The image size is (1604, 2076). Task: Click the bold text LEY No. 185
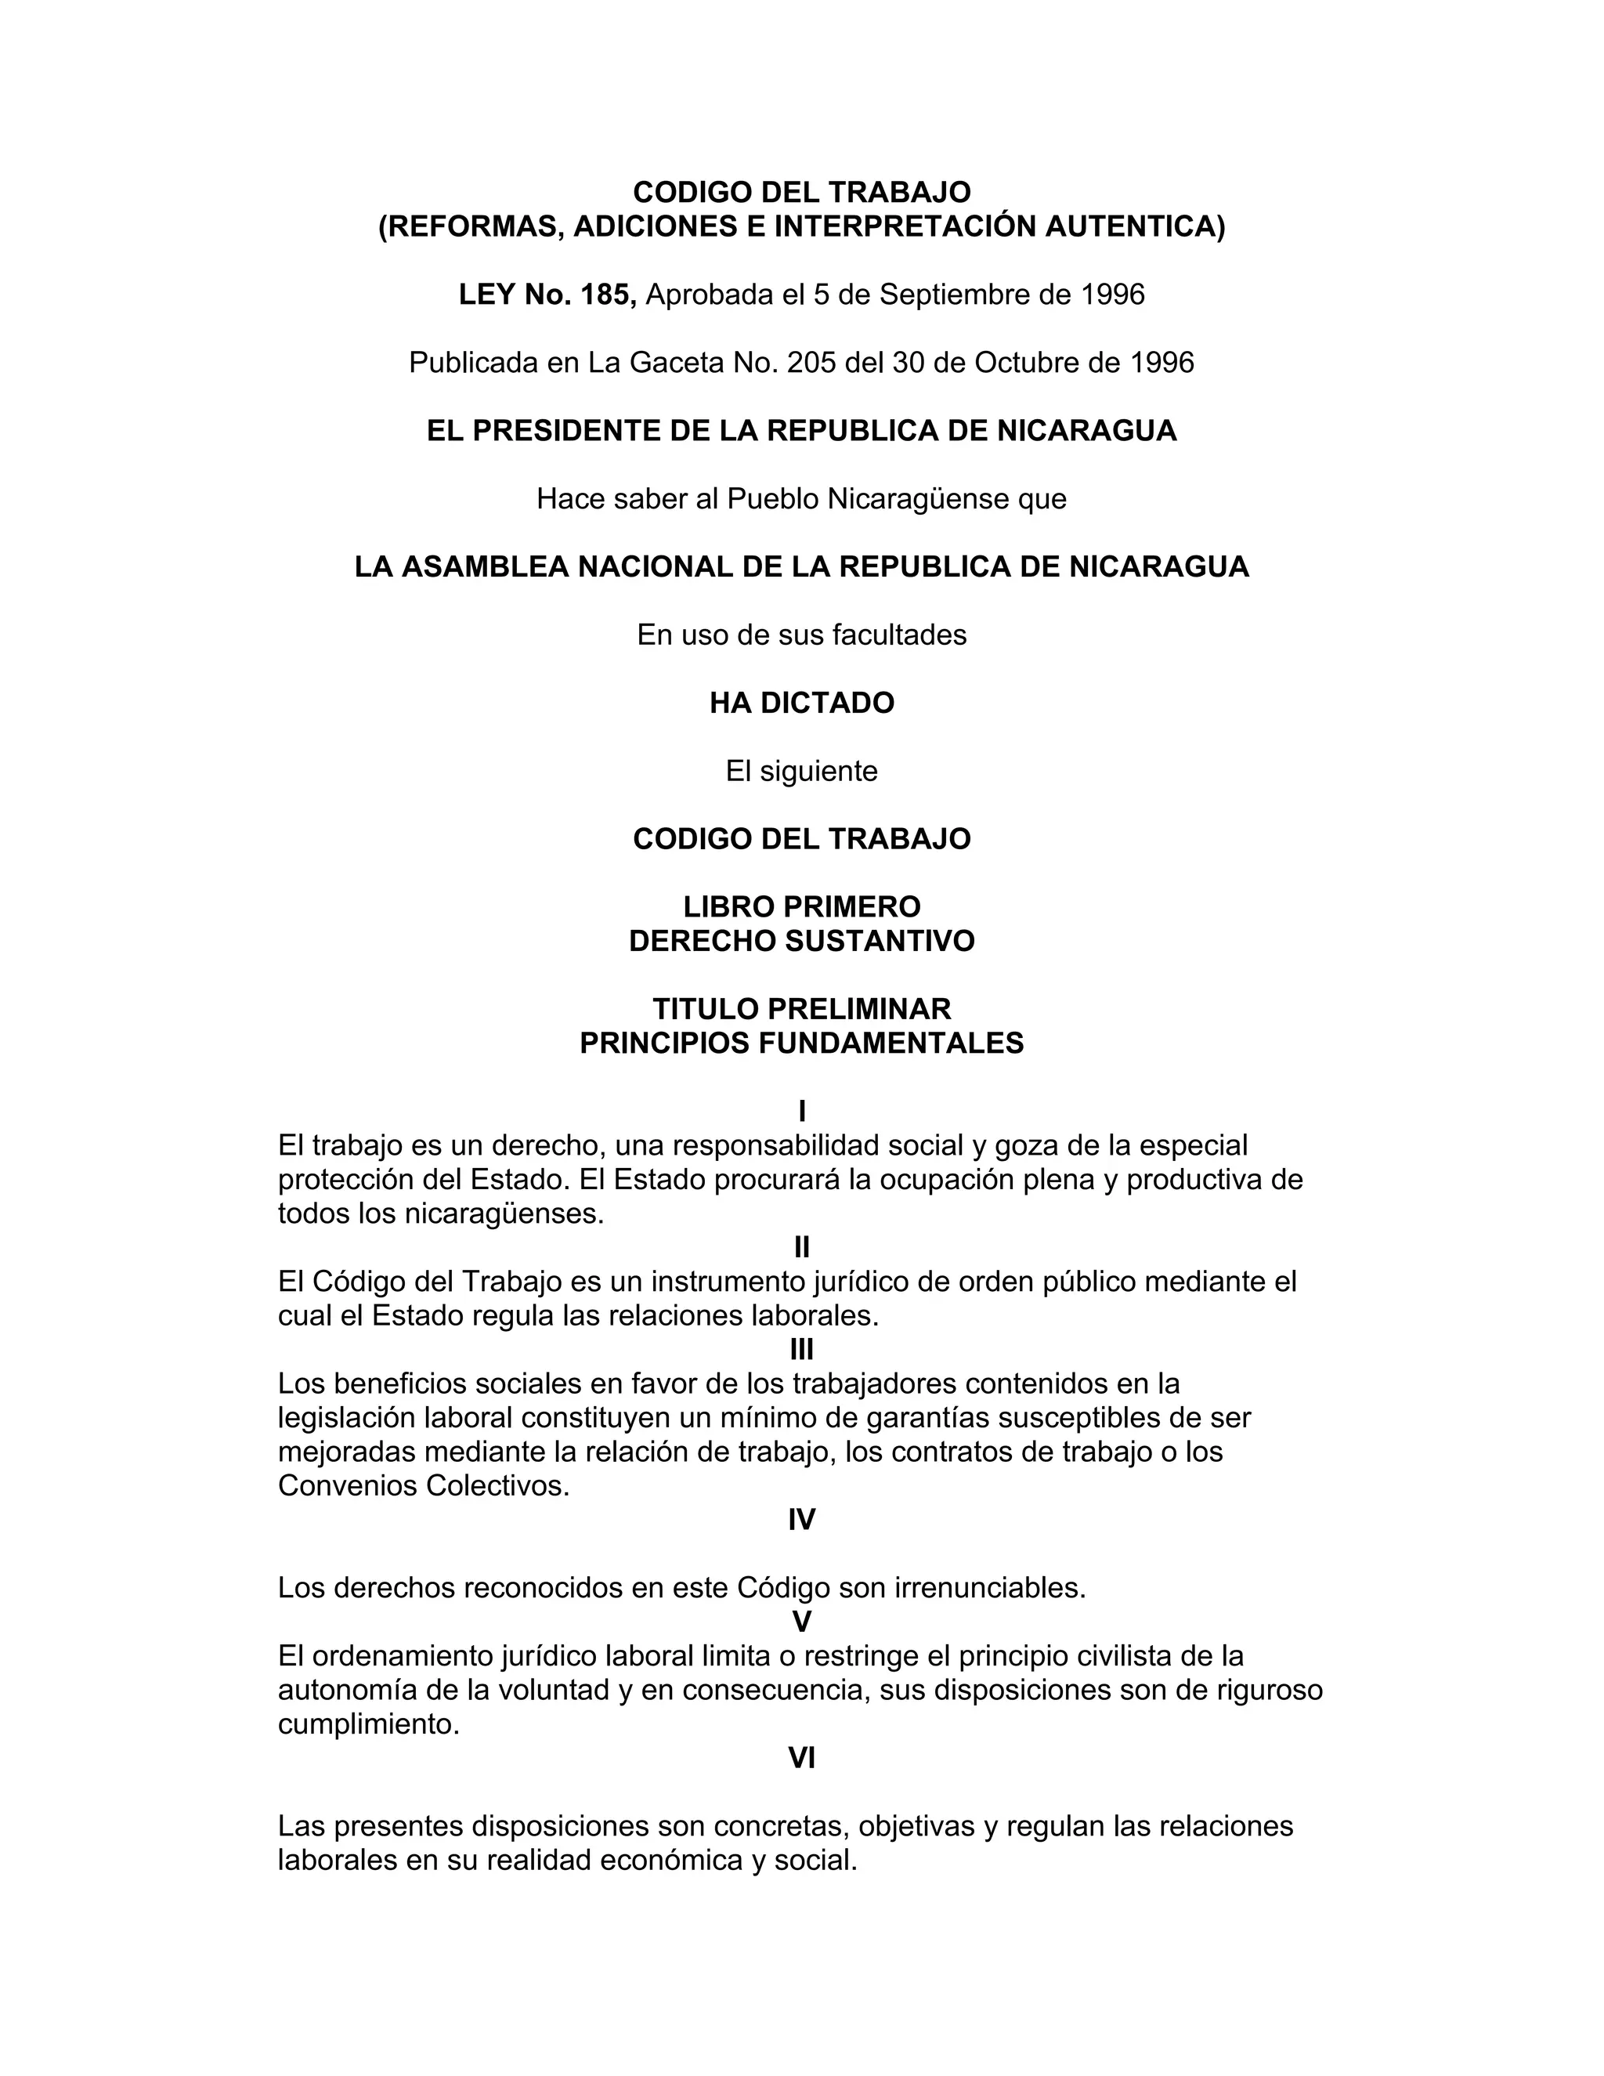tap(547, 295)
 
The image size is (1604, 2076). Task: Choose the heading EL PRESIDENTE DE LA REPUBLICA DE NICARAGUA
tap(801, 431)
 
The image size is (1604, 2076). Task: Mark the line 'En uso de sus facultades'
tap(801, 635)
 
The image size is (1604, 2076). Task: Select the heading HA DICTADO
tap(801, 703)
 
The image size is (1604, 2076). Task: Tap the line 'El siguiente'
tap(801, 771)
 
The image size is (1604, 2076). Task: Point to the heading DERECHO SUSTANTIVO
tap(801, 941)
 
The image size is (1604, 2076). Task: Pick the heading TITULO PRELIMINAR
tap(801, 1008)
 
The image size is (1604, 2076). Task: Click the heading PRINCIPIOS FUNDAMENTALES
tap(801, 1043)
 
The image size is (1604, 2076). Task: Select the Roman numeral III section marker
tap(801, 1350)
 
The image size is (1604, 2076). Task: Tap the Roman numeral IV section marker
tap(801, 1520)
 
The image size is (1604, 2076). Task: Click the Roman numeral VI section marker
tap(801, 1759)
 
